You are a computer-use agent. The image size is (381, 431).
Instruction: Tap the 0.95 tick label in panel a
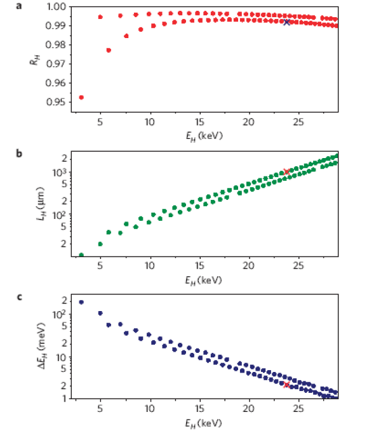(58, 102)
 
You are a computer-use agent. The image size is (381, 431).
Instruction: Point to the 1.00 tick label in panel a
(58, 7)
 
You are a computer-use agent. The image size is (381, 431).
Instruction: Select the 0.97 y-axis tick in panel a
(58, 64)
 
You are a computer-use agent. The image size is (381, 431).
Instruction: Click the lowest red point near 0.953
(81, 97)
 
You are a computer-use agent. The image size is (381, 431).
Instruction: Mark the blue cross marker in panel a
(287, 22)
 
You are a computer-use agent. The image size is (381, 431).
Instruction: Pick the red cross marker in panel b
(287, 171)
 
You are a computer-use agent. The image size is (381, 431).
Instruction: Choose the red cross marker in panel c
(287, 385)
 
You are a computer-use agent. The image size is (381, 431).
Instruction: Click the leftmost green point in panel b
(81, 255)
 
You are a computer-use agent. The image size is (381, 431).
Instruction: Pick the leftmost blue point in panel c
(81, 302)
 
